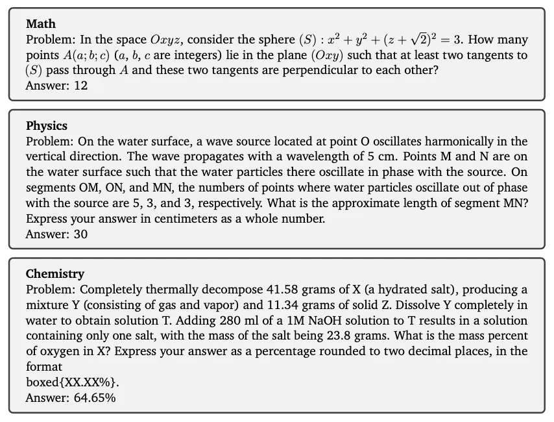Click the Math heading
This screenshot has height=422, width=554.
(40, 24)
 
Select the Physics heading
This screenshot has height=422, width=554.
(46, 125)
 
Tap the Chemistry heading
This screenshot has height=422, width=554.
(54, 274)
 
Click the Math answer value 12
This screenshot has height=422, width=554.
(80, 86)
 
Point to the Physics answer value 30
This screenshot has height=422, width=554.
(80, 234)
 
